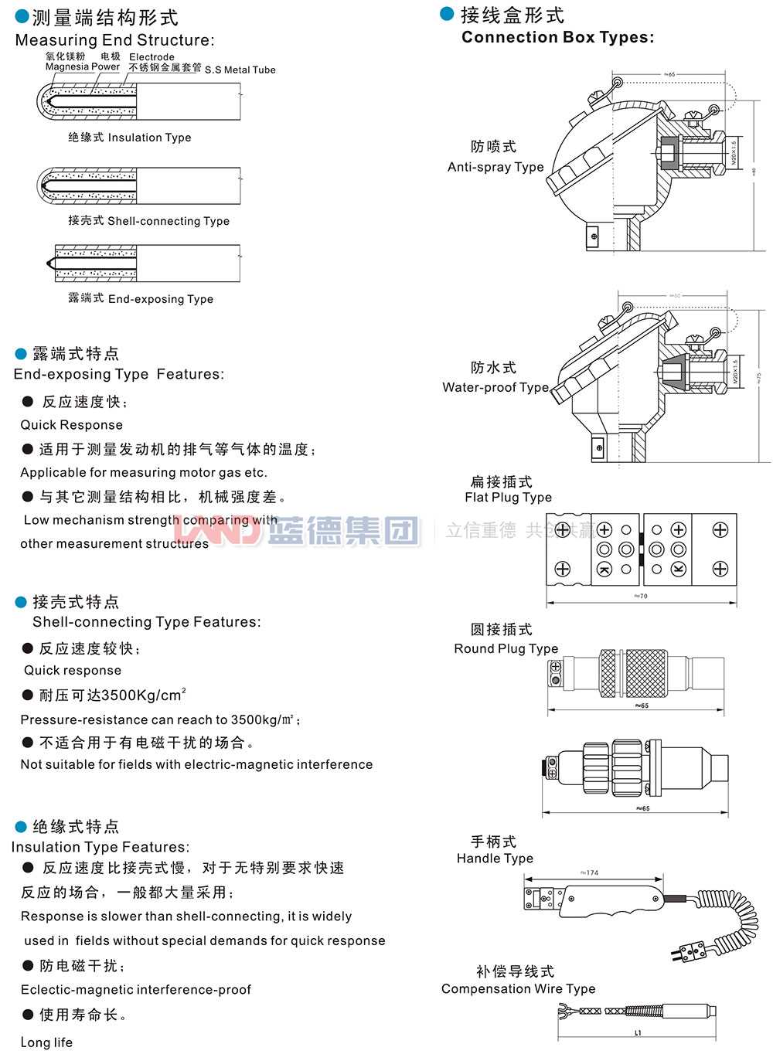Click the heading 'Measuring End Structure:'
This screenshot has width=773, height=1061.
tap(114, 40)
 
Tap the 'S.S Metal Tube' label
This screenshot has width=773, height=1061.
tap(240, 70)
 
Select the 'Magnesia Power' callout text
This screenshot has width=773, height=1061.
tap(82, 67)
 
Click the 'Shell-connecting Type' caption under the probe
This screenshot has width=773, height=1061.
tap(168, 221)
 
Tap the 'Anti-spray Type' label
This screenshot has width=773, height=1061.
tap(495, 167)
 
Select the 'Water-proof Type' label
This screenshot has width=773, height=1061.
tap(495, 387)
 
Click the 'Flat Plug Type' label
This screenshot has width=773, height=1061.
tap(508, 498)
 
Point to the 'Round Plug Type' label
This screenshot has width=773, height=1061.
tap(506, 649)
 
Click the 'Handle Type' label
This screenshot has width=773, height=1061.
tap(495, 859)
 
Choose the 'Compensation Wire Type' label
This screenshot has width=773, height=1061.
tap(518, 989)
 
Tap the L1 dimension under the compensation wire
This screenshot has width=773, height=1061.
tap(638, 1033)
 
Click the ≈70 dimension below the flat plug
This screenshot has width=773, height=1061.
tap(641, 596)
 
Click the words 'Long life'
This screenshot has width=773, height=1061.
tap(46, 1042)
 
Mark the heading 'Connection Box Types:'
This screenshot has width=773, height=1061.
tap(557, 37)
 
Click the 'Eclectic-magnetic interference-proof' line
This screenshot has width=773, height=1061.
tap(136, 990)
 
